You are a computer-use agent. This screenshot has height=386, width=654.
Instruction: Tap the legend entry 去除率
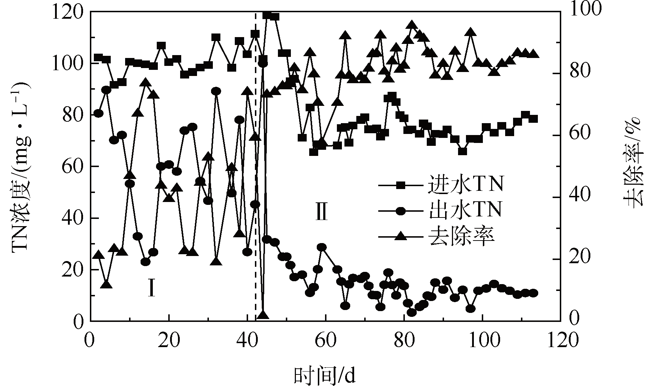click(x=462, y=236)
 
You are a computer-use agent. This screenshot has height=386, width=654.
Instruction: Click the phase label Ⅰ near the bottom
click(x=152, y=288)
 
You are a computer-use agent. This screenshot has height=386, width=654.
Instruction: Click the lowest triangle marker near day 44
click(x=263, y=315)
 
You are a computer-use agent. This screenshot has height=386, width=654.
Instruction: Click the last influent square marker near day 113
click(x=533, y=119)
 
